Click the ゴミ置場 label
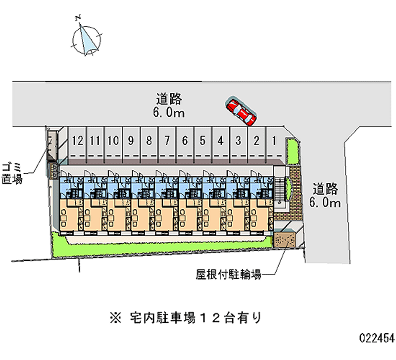coord(12,172)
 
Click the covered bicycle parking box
coord(286,240)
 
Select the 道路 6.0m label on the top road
coord(169,104)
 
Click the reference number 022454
coord(376,338)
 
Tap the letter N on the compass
coord(78,18)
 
